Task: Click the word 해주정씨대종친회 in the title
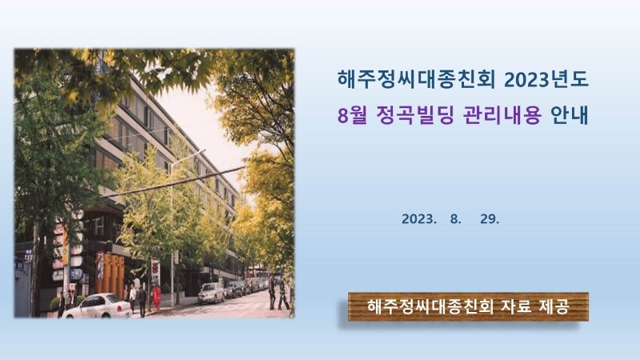click(416, 79)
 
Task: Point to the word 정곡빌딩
click(415, 115)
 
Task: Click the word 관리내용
click(502, 115)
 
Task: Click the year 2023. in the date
click(419, 219)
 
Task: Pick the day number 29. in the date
click(490, 219)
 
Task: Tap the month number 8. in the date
click(455, 219)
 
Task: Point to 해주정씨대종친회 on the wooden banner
click(430, 306)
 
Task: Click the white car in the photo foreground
click(97, 306)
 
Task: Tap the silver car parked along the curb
click(211, 293)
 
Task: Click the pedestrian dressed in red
click(156, 298)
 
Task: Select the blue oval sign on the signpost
click(76, 274)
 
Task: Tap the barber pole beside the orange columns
click(99, 266)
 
